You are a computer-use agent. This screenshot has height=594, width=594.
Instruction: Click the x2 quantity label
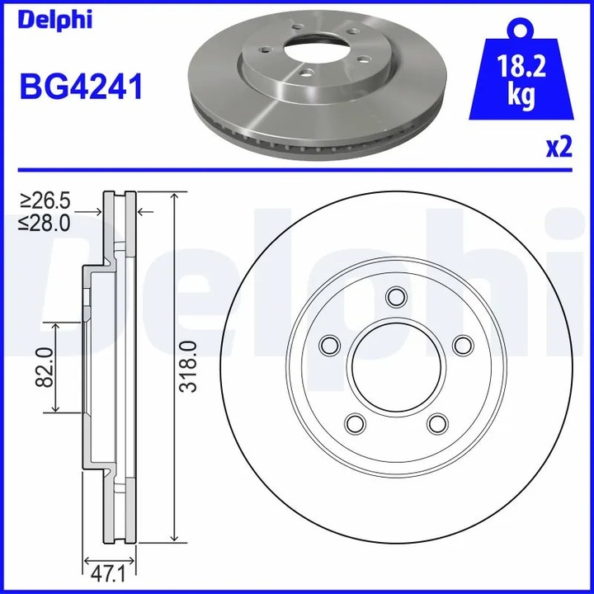click(559, 147)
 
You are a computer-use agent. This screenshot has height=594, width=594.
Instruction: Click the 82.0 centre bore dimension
click(44, 367)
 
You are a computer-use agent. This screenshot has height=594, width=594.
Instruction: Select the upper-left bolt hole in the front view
click(330, 344)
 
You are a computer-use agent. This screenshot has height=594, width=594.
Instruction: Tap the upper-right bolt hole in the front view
click(462, 344)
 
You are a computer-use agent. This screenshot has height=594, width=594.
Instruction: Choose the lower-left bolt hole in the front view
click(355, 422)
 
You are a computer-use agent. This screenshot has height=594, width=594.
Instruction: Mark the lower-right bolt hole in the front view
click(437, 422)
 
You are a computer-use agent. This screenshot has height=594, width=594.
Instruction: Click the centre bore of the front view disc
click(396, 366)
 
